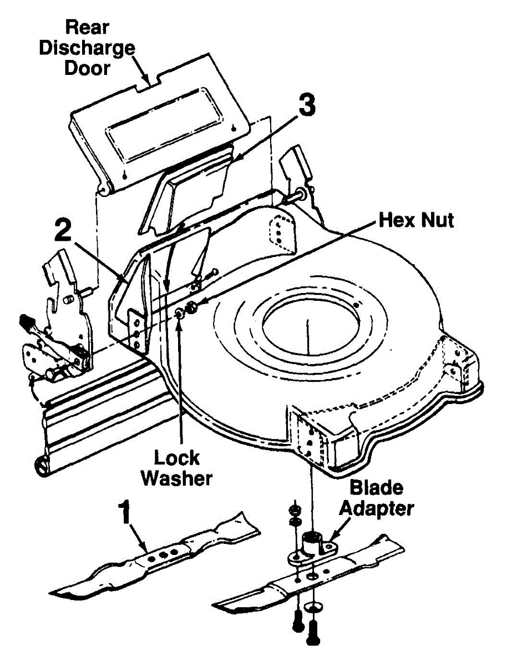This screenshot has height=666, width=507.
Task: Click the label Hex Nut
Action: (416, 220)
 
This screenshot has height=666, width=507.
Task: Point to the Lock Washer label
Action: (176, 468)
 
